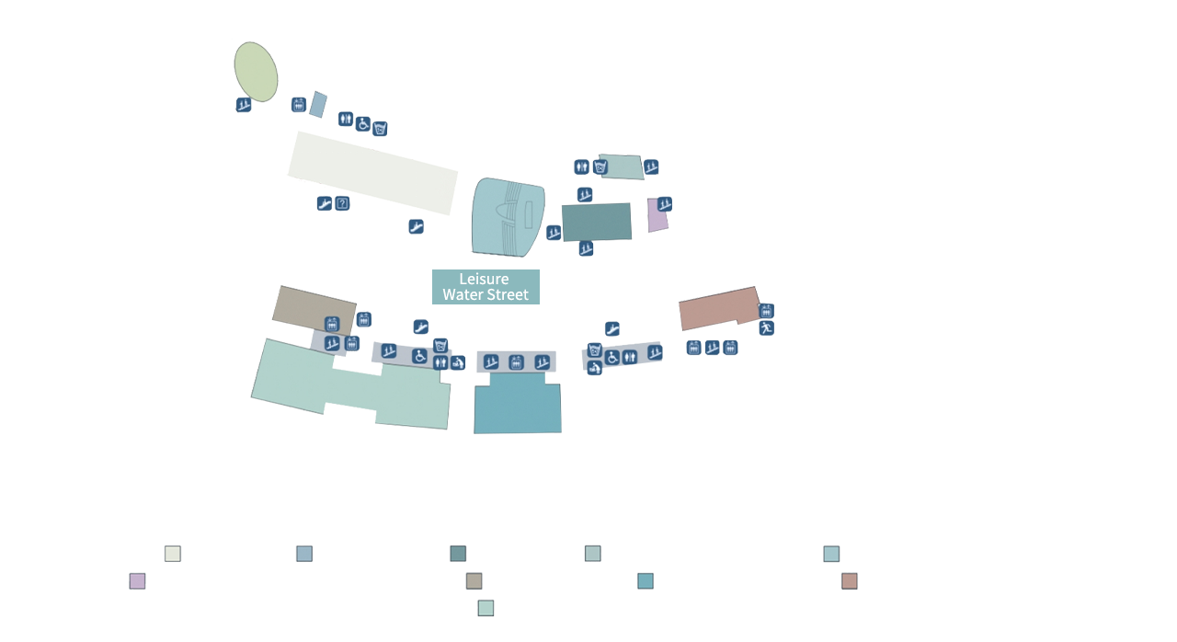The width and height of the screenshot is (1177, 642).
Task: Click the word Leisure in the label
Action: click(484, 279)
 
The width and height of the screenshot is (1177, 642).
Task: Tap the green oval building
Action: click(256, 72)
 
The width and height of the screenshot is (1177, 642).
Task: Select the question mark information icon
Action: click(342, 203)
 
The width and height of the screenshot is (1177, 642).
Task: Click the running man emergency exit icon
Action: click(766, 328)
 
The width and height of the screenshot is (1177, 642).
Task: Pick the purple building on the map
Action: click(657, 216)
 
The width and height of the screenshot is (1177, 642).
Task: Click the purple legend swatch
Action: click(137, 581)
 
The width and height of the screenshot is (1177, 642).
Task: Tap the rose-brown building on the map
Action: click(719, 308)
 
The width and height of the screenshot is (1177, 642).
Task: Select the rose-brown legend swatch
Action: click(849, 581)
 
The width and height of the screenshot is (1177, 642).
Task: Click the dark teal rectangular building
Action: click(597, 223)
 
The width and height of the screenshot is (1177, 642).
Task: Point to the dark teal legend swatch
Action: click(458, 553)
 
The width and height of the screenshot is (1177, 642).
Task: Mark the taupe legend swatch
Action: click(474, 581)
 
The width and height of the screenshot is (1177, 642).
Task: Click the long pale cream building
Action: click(372, 173)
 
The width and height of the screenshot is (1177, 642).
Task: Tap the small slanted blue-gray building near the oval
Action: click(318, 105)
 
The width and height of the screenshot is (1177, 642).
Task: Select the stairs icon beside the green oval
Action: click(244, 105)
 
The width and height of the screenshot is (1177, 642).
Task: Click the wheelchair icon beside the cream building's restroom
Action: click(362, 124)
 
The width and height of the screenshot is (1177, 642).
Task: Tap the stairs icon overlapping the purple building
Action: click(665, 204)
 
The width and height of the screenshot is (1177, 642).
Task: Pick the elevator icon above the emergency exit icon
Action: click(766, 311)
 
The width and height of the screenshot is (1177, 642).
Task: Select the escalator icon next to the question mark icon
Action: click(325, 203)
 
